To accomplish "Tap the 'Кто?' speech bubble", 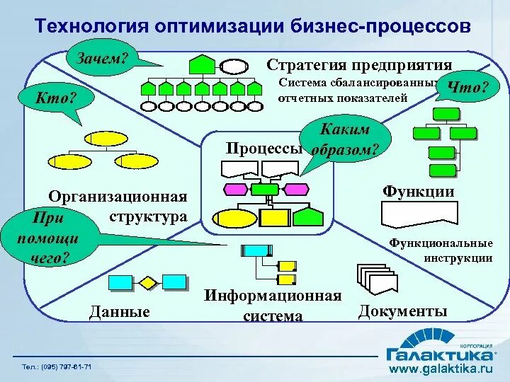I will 56,98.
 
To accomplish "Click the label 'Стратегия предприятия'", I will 359,64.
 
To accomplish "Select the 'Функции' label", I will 418,192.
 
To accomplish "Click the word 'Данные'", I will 120,311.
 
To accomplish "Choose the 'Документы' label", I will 403,311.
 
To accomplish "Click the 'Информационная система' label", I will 273,306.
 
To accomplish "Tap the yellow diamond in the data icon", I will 147,283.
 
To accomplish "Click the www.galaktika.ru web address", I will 441,369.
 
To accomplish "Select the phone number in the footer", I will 56,366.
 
